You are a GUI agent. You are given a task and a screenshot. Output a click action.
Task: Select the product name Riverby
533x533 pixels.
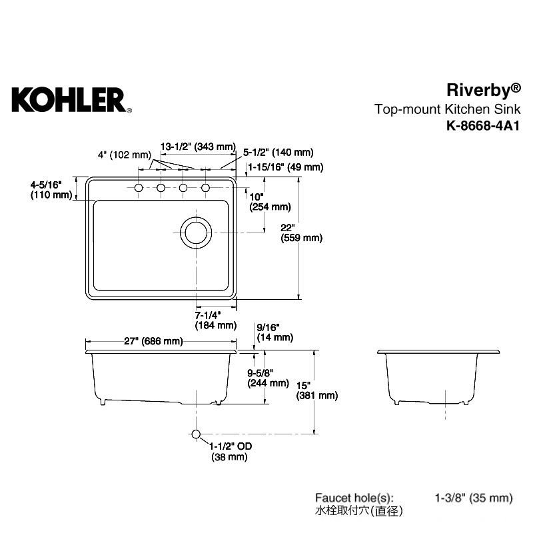[x=483, y=91]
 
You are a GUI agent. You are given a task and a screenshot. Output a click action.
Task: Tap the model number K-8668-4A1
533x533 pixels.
[x=483, y=126]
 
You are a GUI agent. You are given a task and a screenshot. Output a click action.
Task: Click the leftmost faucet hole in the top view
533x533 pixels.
[x=139, y=188]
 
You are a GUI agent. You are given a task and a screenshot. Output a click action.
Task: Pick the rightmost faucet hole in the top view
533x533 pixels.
[x=205, y=188]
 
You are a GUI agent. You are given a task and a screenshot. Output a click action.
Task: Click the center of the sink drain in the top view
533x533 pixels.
[x=196, y=233]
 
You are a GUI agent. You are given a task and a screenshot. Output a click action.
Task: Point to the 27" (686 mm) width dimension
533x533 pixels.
[x=153, y=341]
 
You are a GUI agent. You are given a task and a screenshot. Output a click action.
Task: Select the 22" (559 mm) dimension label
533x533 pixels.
[x=302, y=233]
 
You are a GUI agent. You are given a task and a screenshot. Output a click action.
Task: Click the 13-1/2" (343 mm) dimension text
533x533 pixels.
[x=198, y=147]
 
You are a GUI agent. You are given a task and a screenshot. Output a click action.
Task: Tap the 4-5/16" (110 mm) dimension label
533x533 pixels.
[x=51, y=190]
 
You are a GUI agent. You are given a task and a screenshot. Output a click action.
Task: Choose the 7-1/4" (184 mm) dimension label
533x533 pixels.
[x=215, y=320]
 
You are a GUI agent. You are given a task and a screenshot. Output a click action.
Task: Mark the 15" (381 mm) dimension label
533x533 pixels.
[x=317, y=390]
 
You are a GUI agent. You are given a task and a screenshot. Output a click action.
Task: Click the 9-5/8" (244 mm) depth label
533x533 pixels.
[x=268, y=378]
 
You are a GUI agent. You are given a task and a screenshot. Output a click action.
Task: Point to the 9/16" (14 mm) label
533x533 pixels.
[x=275, y=332]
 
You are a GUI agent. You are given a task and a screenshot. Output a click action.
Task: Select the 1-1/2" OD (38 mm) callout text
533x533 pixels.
[x=230, y=452]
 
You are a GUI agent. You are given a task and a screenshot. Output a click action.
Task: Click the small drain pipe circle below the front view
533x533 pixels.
[x=196, y=434]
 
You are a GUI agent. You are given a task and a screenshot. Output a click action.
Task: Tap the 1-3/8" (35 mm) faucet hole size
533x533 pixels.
[x=474, y=498]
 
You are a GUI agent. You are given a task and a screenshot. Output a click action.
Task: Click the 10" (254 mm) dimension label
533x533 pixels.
[x=270, y=202]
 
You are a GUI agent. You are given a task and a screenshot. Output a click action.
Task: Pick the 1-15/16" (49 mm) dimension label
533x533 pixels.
[x=286, y=167]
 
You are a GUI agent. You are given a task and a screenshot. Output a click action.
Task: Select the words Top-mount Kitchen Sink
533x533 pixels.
[x=447, y=109]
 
